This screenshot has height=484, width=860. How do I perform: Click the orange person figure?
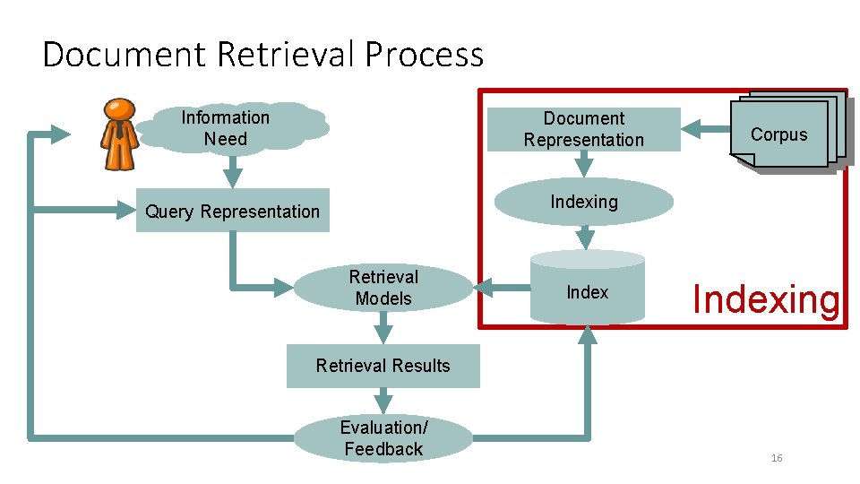(x=118, y=134)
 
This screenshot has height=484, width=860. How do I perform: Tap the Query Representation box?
(x=232, y=212)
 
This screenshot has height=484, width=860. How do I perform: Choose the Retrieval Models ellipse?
(x=383, y=288)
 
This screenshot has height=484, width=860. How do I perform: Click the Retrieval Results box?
(x=383, y=366)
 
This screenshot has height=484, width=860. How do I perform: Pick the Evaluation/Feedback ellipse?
(x=383, y=438)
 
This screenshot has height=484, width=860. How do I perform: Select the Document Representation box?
(x=583, y=129)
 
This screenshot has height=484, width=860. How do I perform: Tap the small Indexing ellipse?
(x=584, y=202)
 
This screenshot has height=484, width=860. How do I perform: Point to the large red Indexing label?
(x=767, y=299)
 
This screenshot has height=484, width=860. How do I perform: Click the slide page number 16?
(x=777, y=458)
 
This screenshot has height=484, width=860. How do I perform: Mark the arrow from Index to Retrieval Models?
(x=502, y=288)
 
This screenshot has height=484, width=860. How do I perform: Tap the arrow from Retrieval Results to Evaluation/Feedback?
(x=383, y=402)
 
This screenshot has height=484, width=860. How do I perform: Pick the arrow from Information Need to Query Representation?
(x=232, y=170)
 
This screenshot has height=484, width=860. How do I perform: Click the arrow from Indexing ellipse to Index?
(x=585, y=237)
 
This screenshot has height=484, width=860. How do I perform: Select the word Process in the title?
(x=424, y=55)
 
